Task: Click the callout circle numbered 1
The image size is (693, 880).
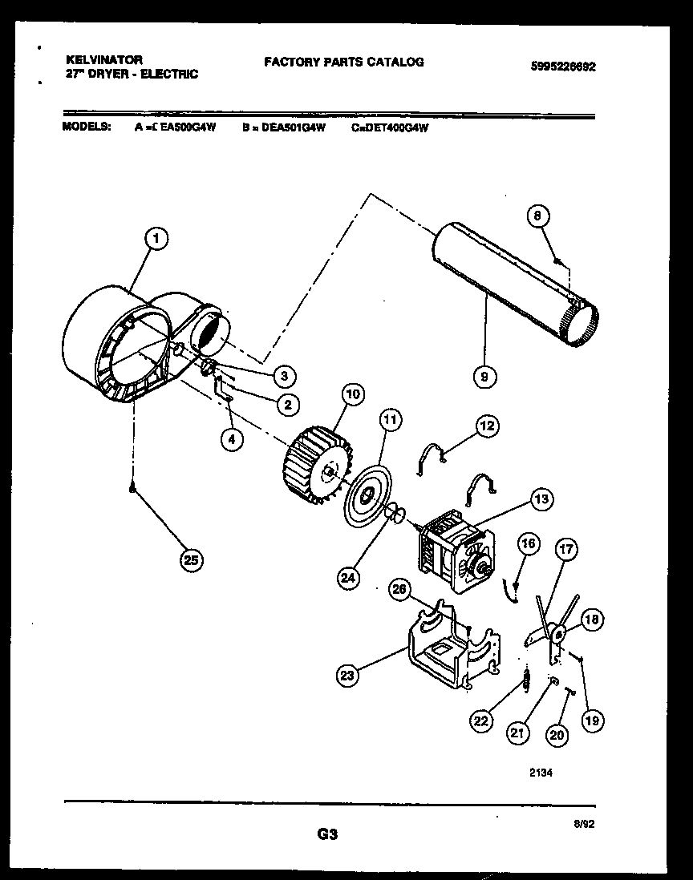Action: (158, 237)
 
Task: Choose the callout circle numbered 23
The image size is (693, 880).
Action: (346, 675)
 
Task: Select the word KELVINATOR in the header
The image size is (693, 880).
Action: (103, 60)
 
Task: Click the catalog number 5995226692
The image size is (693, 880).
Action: (563, 67)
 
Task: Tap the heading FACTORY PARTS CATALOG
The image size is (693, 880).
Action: (343, 62)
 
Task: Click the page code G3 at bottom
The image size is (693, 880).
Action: (326, 834)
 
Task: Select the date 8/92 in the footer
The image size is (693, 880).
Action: (584, 822)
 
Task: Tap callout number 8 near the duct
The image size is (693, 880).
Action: (539, 215)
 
